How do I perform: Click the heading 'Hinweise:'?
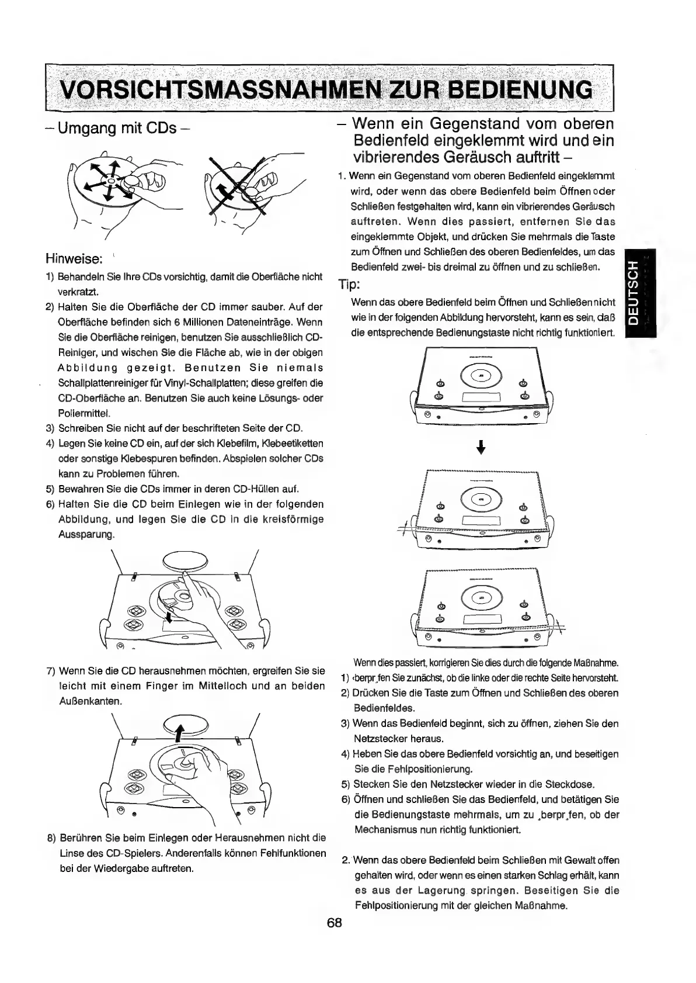(74, 258)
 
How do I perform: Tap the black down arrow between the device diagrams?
(481, 448)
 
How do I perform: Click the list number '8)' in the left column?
(51, 838)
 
